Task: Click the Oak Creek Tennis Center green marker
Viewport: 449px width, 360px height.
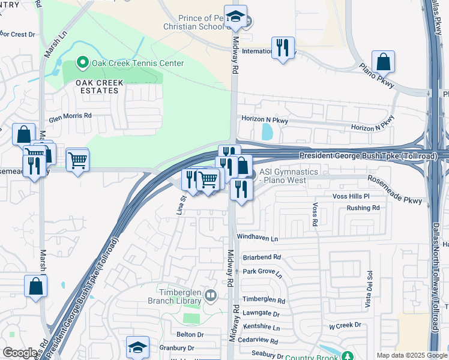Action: [x=82, y=62]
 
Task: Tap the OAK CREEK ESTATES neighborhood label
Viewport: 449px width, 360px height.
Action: [x=99, y=86]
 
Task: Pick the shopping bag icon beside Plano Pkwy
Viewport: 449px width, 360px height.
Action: [x=382, y=62]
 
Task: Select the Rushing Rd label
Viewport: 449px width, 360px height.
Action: [x=363, y=208]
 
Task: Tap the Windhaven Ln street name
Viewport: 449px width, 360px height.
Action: [x=258, y=238]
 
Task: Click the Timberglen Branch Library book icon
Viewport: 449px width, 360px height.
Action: [x=210, y=295]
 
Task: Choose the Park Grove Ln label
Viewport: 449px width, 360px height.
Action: [x=262, y=271]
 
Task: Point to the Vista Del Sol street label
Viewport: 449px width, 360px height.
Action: [x=370, y=292]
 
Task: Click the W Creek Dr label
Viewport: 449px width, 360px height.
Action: [x=344, y=325]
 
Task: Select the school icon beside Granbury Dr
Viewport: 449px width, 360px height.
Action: [x=137, y=347]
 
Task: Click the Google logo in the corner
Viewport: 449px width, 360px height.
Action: [x=20, y=353]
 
